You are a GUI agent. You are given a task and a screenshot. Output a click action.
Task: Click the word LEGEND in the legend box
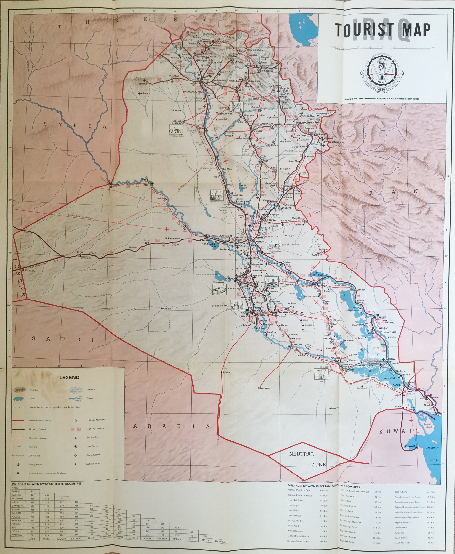coord(69,377)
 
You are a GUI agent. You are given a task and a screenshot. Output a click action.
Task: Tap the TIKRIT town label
coord(218,177)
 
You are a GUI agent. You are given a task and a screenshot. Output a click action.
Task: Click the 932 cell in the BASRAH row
coord(33,491)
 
